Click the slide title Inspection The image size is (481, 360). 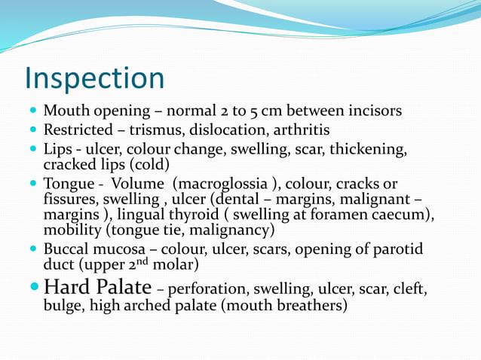pos(94,78)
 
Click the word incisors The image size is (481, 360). pos(372,111)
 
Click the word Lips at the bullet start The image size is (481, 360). pos(57,149)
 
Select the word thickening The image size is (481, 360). pos(373,149)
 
